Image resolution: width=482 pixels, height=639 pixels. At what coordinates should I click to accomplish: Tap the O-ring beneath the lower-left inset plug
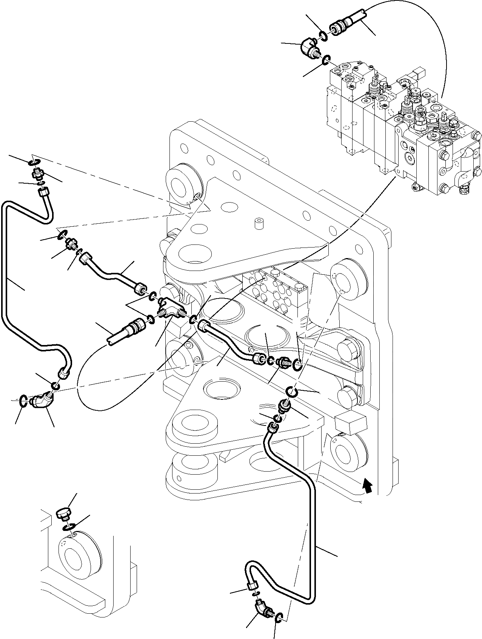pos(68,527)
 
